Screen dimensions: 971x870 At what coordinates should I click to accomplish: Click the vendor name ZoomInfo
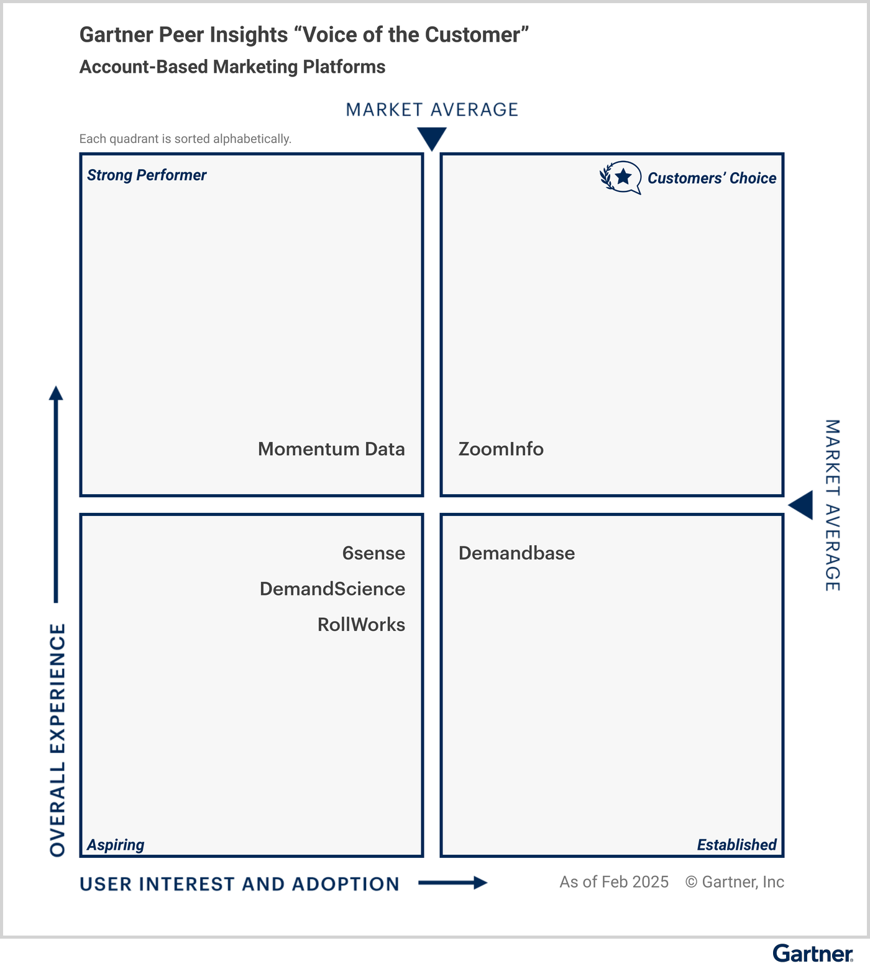[x=501, y=449]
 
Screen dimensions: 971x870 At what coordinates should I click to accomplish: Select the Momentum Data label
[x=331, y=449]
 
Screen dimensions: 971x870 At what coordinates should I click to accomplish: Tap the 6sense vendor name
[x=373, y=553]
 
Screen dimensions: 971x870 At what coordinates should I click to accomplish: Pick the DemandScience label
[x=332, y=589]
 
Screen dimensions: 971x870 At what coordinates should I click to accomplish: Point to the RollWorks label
[x=361, y=625]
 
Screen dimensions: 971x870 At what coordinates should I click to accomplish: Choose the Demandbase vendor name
[x=516, y=553]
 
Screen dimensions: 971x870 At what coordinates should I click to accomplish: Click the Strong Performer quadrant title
[x=147, y=175]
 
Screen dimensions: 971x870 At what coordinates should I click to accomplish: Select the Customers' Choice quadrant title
[x=712, y=178]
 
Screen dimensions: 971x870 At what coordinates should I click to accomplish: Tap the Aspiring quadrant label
[x=116, y=845]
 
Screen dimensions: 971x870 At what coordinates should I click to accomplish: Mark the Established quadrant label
[x=736, y=845]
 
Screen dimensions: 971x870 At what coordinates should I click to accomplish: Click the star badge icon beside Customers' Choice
[x=621, y=178]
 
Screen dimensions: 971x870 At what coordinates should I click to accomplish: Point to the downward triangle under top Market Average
[x=432, y=138]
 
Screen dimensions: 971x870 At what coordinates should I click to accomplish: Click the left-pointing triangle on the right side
[x=802, y=505]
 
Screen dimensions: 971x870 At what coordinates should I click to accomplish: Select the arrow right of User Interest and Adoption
[x=453, y=883]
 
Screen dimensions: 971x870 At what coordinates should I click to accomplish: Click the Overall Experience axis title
[x=58, y=740]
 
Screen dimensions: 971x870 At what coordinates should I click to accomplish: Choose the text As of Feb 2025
[x=614, y=882]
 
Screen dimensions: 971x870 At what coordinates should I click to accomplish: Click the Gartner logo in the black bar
[x=812, y=954]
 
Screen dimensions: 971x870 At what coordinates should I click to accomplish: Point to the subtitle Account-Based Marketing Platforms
[x=232, y=67]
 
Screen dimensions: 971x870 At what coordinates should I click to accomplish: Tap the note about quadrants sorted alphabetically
[x=185, y=139]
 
